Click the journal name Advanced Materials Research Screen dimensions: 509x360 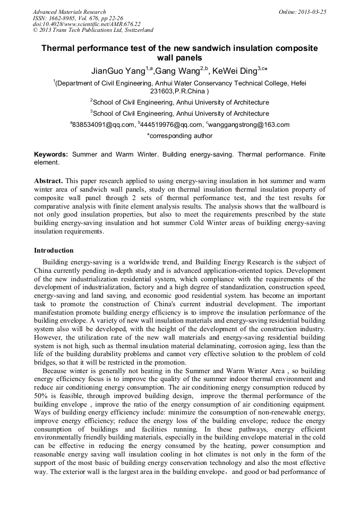coord(69,12)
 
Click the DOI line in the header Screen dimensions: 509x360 coord(87,24)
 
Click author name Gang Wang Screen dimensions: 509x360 coord(175,71)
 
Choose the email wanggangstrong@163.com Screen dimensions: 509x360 coord(242,125)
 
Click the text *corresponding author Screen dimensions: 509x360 coord(179,136)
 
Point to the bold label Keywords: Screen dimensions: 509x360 coord(51,154)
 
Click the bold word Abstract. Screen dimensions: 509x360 coord(49,181)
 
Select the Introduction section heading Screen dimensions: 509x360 coord(54,251)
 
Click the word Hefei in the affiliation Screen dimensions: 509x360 coord(296,83)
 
